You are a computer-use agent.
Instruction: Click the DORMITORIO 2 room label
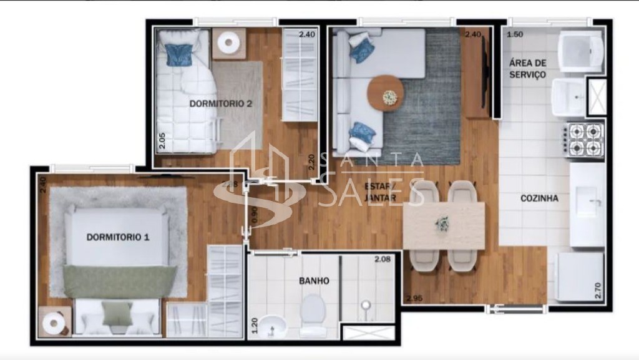pos(220,104)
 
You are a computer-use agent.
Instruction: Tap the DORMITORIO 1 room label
pos(118,237)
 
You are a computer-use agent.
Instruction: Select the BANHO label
pos(314,281)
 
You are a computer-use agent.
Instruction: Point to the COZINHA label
pos(539,199)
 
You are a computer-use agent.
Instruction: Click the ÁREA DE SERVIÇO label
pos(527,69)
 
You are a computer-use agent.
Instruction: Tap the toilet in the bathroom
pos(313,311)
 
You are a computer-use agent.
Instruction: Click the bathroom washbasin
pos(272,324)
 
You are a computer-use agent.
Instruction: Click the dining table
pos(444,225)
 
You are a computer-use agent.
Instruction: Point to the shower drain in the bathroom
pos(366,305)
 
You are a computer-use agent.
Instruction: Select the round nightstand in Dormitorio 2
pos(229,42)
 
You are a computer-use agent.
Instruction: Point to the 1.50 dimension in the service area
pos(515,34)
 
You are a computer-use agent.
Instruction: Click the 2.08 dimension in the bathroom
pos(383,259)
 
